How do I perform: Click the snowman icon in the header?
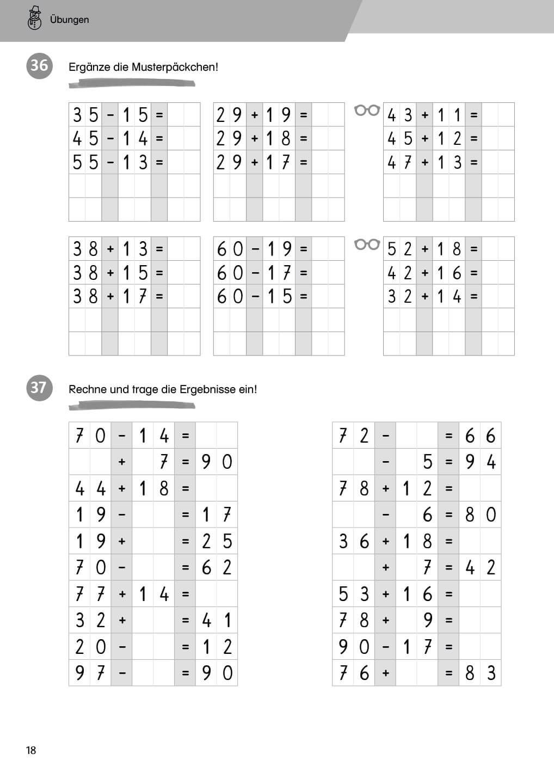(x=34, y=18)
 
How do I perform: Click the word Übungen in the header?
(x=69, y=20)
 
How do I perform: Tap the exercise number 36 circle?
(x=39, y=65)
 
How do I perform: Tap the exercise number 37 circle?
(x=39, y=387)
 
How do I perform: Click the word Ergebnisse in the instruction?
(x=207, y=389)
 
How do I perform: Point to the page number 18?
(x=31, y=750)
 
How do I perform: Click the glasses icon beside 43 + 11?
(x=367, y=111)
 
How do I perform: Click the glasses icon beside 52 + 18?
(x=367, y=244)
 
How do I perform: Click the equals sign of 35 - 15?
(x=159, y=115)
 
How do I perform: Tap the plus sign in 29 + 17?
(x=254, y=162)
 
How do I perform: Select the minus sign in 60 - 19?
(x=255, y=249)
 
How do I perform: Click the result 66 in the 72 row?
(x=480, y=436)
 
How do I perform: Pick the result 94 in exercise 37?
(x=480, y=462)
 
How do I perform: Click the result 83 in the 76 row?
(x=480, y=673)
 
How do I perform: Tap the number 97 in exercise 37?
(x=90, y=673)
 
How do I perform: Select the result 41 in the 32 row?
(x=217, y=620)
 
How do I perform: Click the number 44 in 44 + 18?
(x=90, y=488)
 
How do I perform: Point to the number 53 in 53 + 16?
(x=353, y=594)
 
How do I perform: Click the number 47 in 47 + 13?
(x=399, y=162)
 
